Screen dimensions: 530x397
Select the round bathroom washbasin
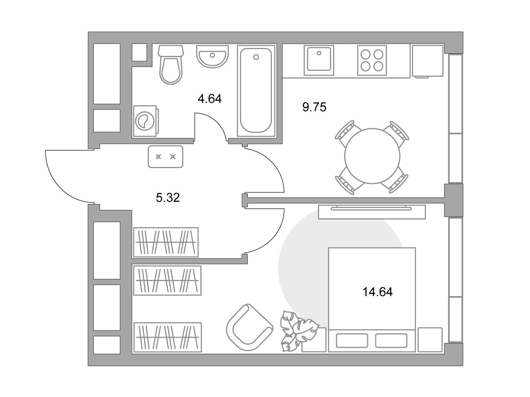(x=212, y=56)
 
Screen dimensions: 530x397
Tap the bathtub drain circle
(x=256, y=57)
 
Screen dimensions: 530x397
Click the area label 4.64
(x=210, y=99)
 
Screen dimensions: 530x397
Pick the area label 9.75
(x=314, y=107)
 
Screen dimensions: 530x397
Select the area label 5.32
(x=168, y=198)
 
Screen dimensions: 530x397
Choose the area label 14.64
(x=378, y=292)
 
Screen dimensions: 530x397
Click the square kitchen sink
(x=319, y=60)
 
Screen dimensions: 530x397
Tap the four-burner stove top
(x=372, y=60)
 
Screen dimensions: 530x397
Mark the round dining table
(x=372, y=156)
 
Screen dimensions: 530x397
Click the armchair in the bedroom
(x=249, y=327)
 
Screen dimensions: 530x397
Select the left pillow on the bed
(x=352, y=341)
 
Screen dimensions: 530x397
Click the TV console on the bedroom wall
(x=372, y=212)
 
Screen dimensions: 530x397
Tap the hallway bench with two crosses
(x=165, y=157)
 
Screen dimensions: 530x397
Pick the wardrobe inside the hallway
(x=166, y=242)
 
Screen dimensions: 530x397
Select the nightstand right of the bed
(x=430, y=340)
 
